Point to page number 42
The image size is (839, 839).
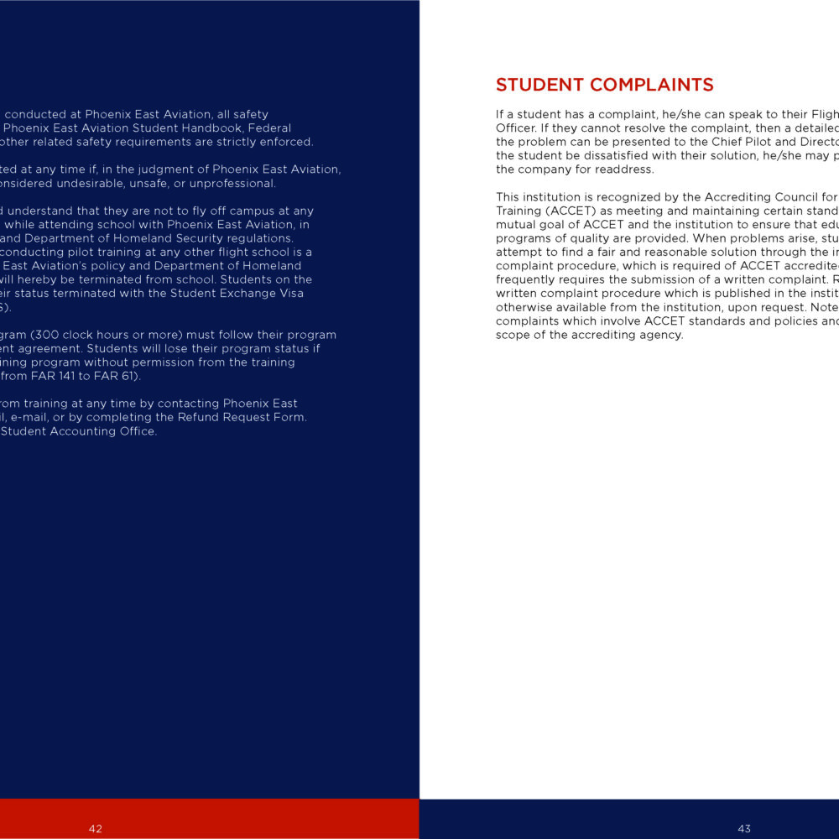[96, 829]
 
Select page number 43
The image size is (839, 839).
[744, 829]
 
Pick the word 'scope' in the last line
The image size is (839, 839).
[515, 335]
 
